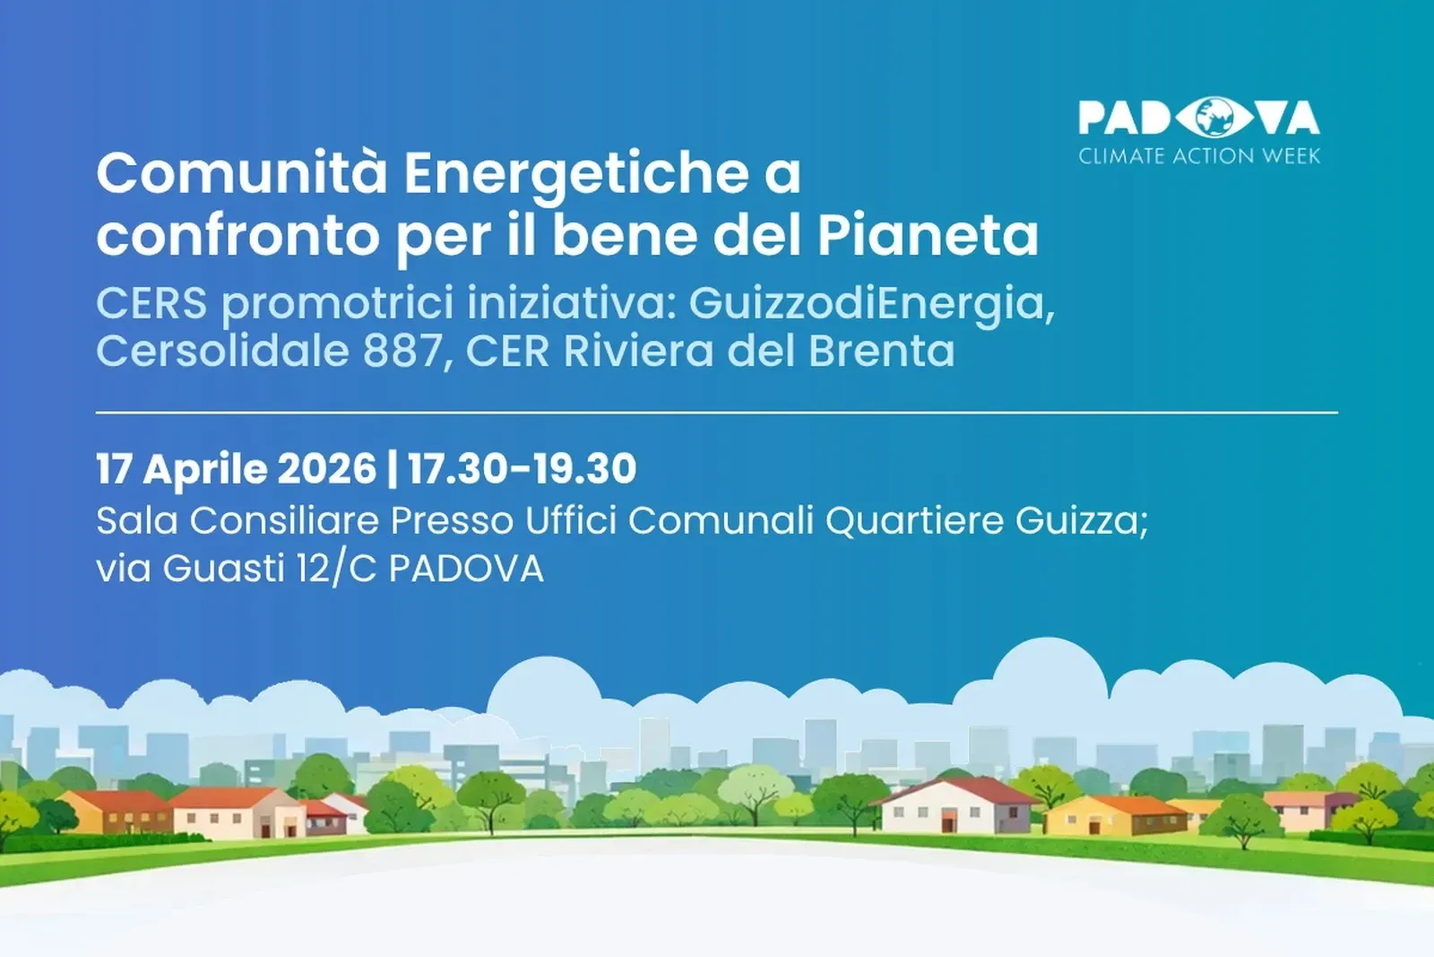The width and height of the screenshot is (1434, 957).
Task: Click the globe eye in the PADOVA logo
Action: click(x=1216, y=117)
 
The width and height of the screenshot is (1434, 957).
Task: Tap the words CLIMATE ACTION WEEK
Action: click(x=1199, y=156)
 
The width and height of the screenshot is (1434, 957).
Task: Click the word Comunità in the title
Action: click(x=243, y=172)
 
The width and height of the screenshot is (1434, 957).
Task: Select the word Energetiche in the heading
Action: click(x=575, y=174)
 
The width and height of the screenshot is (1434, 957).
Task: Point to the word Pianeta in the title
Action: click(x=928, y=236)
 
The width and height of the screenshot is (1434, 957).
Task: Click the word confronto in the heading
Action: click(x=238, y=237)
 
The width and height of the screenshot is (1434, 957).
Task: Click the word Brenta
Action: click(x=882, y=351)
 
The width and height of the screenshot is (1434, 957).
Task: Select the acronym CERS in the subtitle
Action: click(x=151, y=303)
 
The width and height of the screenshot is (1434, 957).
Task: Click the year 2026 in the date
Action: click(x=327, y=469)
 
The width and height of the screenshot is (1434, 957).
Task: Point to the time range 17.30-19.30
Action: click(x=523, y=469)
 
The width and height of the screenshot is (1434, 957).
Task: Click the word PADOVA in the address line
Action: click(x=466, y=569)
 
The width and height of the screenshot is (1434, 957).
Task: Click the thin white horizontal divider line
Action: click(x=717, y=413)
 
